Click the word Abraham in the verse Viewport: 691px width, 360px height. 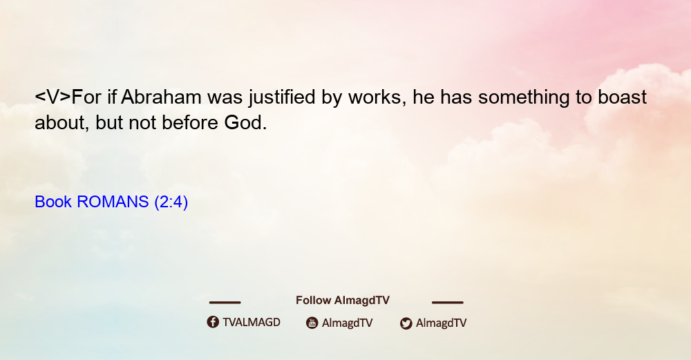161,97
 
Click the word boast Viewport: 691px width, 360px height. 623,97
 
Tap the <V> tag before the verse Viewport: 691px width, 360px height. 53,97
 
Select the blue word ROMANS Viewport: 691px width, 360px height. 113,202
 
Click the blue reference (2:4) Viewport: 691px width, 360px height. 171,202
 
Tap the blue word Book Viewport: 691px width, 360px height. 53,202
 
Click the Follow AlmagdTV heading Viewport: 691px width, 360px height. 343,301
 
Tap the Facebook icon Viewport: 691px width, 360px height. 213,322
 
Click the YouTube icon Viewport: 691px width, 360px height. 312,323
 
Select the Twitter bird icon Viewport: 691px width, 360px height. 406,323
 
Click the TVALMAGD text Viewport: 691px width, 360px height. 252,323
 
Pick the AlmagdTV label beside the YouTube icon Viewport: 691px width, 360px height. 348,323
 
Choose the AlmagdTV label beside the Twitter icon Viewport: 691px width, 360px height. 441,323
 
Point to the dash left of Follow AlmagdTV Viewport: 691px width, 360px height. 225,303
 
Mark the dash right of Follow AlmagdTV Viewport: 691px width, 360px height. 448,303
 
